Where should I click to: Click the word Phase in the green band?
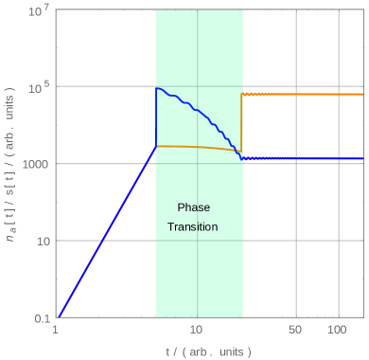(x=193, y=207)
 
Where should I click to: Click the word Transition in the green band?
(x=193, y=227)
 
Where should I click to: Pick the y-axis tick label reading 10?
(x=42, y=241)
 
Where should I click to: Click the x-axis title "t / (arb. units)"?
(x=209, y=351)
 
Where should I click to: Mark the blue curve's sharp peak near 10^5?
(x=157, y=88)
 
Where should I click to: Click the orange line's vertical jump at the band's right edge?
(x=241, y=123)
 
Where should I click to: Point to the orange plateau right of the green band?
(x=303, y=95)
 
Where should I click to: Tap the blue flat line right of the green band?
(x=303, y=159)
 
